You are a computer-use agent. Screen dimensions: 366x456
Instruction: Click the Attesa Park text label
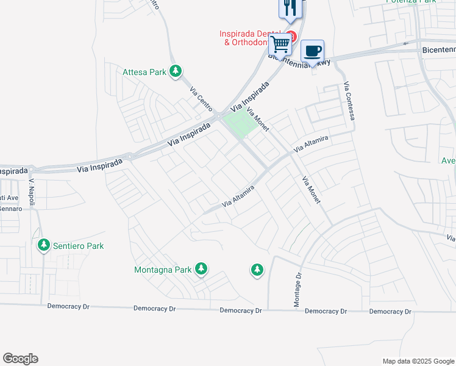pos(144,72)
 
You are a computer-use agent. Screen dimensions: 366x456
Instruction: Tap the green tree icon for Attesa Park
pos(176,72)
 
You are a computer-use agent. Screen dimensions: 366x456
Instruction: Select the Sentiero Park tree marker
pos(44,246)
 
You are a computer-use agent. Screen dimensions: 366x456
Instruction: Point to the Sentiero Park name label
pos(77,246)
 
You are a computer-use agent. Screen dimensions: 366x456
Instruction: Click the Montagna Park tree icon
pos(201,269)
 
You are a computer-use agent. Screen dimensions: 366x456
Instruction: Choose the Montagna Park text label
pos(162,269)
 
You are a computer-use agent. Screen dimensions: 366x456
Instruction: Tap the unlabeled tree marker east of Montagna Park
pos(257,269)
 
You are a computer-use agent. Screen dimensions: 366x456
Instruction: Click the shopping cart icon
pos(280,44)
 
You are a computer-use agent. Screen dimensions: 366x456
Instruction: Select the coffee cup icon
pos(313,51)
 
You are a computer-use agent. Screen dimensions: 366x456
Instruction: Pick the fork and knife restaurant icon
pos(290,7)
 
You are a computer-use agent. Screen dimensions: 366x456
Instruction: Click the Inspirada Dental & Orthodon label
pos(251,38)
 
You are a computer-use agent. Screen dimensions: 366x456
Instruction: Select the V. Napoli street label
pos(32,193)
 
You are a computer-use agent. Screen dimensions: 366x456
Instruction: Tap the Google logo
pos(20,359)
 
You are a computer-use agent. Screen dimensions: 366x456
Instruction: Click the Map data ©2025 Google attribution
pos(418,361)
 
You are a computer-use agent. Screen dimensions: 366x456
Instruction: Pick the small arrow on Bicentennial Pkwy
pos(405,43)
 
